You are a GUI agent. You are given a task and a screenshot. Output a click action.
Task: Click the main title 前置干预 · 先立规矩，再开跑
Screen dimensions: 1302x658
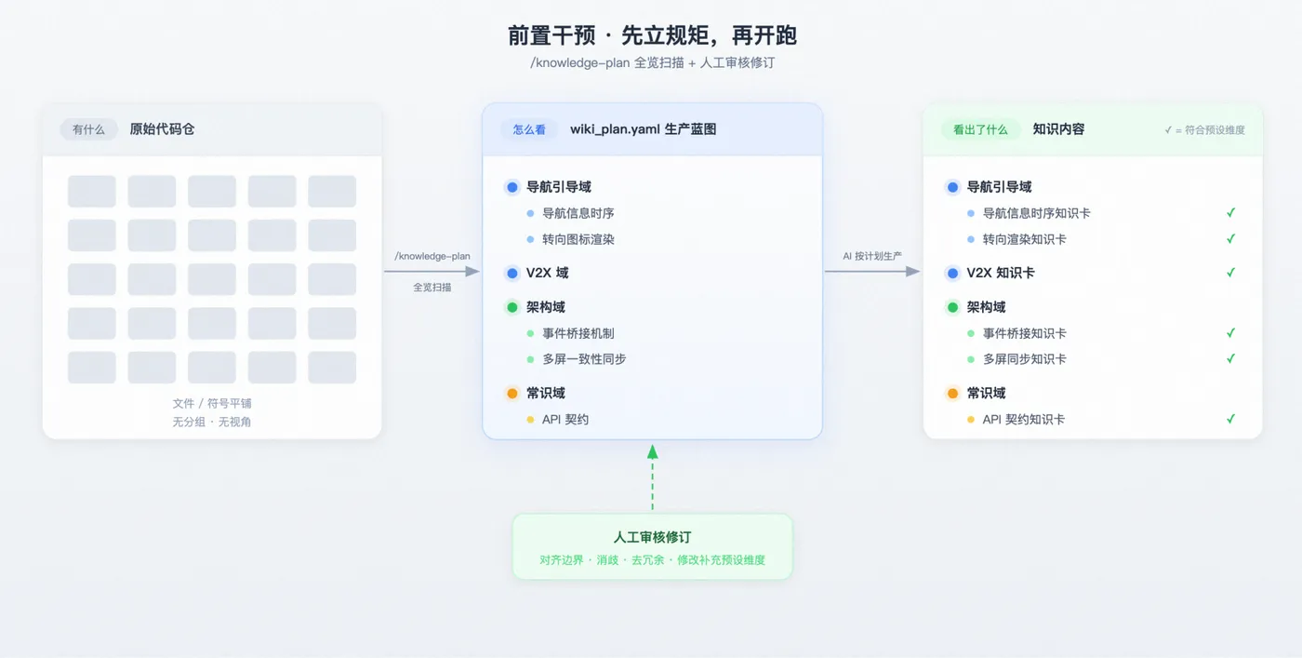click(652, 35)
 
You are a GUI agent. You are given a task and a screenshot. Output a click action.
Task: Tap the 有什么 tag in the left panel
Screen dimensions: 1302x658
click(88, 129)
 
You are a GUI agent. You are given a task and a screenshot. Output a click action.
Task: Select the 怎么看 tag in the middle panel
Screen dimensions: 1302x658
click(529, 129)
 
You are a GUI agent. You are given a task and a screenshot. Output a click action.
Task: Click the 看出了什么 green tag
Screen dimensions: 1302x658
click(980, 129)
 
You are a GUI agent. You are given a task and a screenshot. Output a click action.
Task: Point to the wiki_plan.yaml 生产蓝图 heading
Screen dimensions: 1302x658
click(643, 129)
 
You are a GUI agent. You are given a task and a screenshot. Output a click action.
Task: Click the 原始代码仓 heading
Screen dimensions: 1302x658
click(162, 129)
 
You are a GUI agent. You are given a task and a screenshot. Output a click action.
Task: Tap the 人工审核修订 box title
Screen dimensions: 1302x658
click(652, 537)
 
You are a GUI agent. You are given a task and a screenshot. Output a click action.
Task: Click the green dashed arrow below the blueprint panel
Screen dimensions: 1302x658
click(653, 477)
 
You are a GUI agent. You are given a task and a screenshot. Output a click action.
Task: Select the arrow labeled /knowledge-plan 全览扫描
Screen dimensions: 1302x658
click(432, 271)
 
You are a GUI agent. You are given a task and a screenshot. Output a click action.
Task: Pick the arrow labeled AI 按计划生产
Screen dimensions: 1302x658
click(872, 271)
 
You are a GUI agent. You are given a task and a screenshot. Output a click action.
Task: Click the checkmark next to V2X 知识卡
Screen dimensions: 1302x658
click(1230, 273)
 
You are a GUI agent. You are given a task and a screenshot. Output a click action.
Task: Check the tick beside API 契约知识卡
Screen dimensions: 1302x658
click(1230, 419)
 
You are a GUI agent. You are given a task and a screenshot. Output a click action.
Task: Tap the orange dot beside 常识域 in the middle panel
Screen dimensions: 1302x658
click(512, 394)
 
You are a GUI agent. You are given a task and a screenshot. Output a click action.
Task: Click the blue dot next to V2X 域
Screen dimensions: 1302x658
click(512, 273)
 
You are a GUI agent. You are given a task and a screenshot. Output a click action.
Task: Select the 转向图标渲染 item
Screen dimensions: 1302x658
click(578, 239)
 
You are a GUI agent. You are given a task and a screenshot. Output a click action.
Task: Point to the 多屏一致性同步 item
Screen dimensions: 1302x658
click(584, 359)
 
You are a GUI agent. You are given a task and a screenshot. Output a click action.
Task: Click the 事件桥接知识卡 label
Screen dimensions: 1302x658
click(1024, 333)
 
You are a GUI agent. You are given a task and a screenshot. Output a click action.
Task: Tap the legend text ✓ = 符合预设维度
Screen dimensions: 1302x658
click(1204, 129)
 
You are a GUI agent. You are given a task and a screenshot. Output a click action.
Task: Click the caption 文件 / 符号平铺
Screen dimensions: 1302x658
click(212, 403)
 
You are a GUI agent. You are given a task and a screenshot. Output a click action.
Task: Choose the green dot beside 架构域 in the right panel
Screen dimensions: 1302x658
click(952, 307)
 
